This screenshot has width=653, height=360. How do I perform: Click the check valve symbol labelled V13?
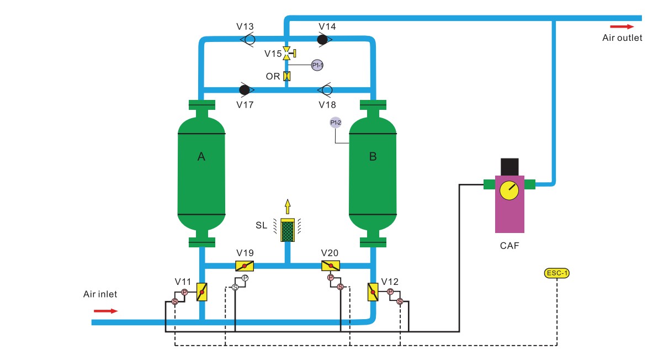pos(248,39)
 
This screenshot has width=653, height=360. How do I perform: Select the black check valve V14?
pos(324,39)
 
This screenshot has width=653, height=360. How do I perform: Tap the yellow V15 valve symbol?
pos(287,54)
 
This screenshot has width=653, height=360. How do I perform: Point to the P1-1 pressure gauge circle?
pos(317,65)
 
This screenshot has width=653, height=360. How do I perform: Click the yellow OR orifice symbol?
pos(287,76)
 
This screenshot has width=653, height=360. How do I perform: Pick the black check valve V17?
pos(245,89)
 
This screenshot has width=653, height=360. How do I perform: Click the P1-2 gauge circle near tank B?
pos(336,123)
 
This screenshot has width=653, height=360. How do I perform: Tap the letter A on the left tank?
pos(201,157)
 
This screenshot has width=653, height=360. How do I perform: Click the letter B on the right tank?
pos(373,157)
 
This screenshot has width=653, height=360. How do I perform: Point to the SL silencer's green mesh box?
pos(287,231)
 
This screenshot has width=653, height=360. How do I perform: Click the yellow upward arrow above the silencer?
pos(287,207)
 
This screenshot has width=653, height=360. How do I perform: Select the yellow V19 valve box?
pos(245,266)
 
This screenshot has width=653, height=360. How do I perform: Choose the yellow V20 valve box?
pos(330,266)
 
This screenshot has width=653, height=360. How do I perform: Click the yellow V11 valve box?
pos(202,292)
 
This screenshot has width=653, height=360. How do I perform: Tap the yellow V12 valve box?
pos(373,292)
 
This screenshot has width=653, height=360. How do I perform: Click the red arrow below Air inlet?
pos(105,311)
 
